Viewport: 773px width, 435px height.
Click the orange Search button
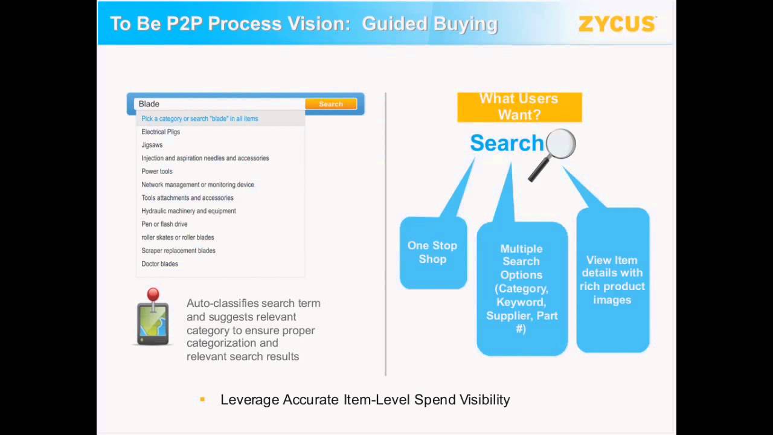coord(331,104)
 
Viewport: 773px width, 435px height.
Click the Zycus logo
coord(617,24)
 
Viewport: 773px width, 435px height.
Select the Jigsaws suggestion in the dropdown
coord(152,145)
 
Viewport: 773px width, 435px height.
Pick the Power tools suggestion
coord(157,172)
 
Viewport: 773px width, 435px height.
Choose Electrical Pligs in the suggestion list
coord(161,132)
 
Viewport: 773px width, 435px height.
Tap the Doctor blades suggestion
coord(159,264)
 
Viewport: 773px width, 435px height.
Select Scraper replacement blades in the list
coord(178,251)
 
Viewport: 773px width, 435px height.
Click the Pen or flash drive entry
coord(164,224)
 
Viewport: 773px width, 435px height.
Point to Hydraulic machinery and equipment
coord(188,211)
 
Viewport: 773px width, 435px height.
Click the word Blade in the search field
coord(149,104)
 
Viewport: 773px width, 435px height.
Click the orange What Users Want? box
coord(519,107)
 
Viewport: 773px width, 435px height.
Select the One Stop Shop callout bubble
coord(432,253)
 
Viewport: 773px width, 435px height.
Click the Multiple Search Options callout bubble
coord(521,288)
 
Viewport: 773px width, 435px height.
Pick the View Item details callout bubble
coord(612,280)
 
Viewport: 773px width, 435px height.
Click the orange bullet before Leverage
coord(202,399)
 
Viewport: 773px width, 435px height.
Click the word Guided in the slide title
coord(394,24)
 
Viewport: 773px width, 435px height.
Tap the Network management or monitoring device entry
coord(197,185)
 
